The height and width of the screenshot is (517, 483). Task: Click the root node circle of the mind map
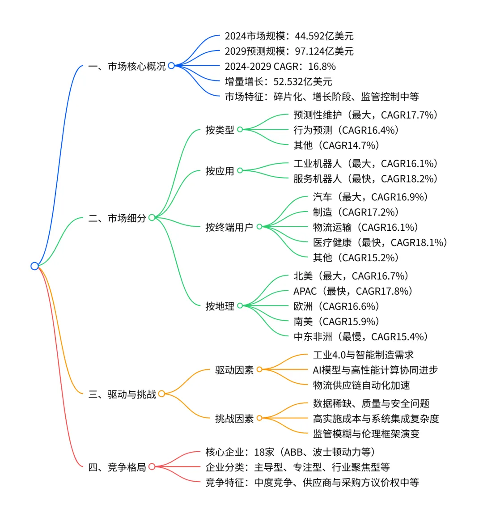34,266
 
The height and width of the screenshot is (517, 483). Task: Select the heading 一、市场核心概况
127,67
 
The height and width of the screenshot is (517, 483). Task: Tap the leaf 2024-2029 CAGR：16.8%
280,67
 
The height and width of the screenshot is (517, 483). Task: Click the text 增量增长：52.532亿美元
278,82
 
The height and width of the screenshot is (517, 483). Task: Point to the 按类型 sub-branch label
220,130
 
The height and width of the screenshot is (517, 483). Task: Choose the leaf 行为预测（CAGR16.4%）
346,130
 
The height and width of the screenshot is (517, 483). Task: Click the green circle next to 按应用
240,170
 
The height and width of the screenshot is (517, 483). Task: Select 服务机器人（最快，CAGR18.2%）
365,179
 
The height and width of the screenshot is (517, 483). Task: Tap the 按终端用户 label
229,227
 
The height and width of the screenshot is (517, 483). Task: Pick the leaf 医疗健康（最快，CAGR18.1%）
380,243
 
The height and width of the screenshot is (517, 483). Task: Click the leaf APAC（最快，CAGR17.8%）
353,292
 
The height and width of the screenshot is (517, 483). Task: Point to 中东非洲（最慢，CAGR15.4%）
360,337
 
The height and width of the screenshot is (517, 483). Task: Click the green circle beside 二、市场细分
152,218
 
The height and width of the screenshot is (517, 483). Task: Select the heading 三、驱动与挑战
122,394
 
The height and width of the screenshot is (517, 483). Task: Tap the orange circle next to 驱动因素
259,369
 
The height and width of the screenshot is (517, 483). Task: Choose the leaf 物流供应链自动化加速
361,386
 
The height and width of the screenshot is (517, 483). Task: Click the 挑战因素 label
234,419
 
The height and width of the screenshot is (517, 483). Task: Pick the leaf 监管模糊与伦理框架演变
366,434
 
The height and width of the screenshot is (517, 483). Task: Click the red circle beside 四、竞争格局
152,467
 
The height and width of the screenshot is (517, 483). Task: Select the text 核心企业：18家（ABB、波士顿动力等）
290,452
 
